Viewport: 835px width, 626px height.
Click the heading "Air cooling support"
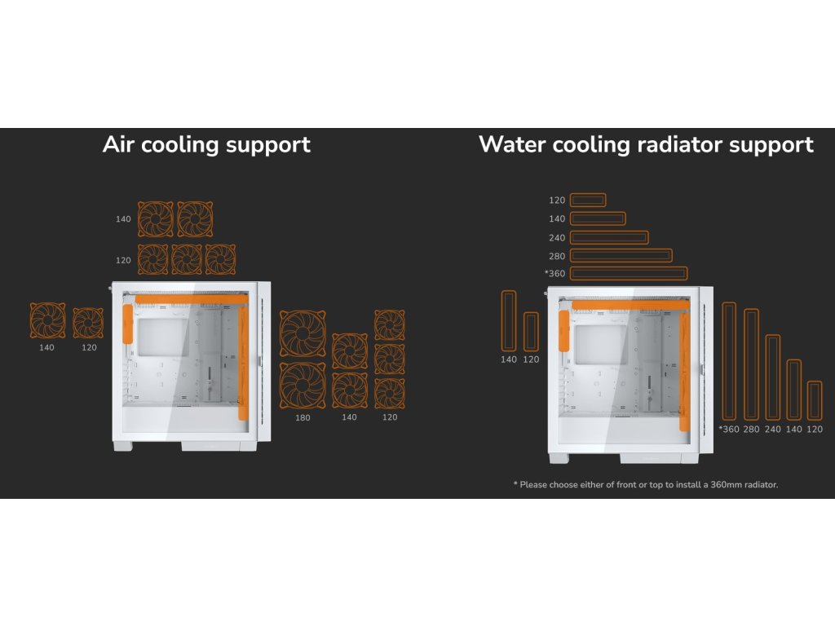coord(206,145)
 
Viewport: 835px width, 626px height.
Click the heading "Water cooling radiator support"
coord(646,145)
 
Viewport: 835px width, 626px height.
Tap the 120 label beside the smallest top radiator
coord(557,200)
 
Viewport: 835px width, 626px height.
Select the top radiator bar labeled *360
coord(628,273)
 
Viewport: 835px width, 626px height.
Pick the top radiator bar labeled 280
coord(621,255)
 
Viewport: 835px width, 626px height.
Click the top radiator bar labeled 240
coord(609,237)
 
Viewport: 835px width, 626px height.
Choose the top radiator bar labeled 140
coord(598,218)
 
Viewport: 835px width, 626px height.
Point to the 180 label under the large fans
coord(303,417)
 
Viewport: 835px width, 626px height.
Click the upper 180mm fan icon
coord(303,333)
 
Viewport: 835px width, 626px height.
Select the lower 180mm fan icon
coord(303,386)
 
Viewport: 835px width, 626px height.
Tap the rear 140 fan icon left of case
coord(47,321)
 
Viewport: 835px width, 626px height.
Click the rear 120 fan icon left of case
coord(88,323)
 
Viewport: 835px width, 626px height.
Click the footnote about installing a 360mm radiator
coord(646,484)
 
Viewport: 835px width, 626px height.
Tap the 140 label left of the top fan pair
coord(122,218)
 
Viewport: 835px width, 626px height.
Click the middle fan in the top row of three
coord(187,259)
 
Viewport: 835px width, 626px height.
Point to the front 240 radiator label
coord(772,429)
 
